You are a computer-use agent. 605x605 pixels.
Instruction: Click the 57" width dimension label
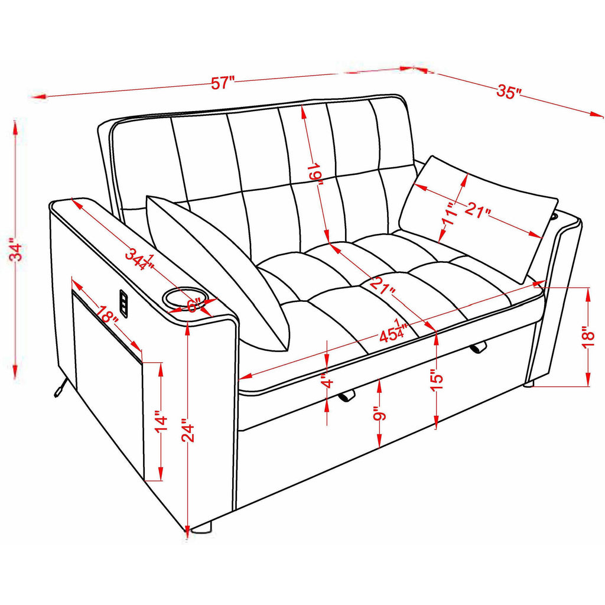(x=223, y=83)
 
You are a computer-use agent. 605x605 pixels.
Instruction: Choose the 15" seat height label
(x=438, y=381)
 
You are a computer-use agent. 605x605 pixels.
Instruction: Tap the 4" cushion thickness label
(x=327, y=382)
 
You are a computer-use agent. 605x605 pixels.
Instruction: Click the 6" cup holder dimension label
(x=196, y=305)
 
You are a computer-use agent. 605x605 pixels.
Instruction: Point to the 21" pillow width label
(x=477, y=210)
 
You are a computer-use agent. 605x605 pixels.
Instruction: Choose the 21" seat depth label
(x=383, y=286)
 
